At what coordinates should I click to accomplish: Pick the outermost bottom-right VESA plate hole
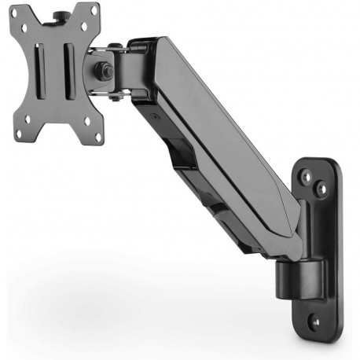click(x=98, y=137)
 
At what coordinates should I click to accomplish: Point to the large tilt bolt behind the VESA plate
click(x=102, y=69)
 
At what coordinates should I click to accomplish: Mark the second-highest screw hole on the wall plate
click(x=321, y=189)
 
